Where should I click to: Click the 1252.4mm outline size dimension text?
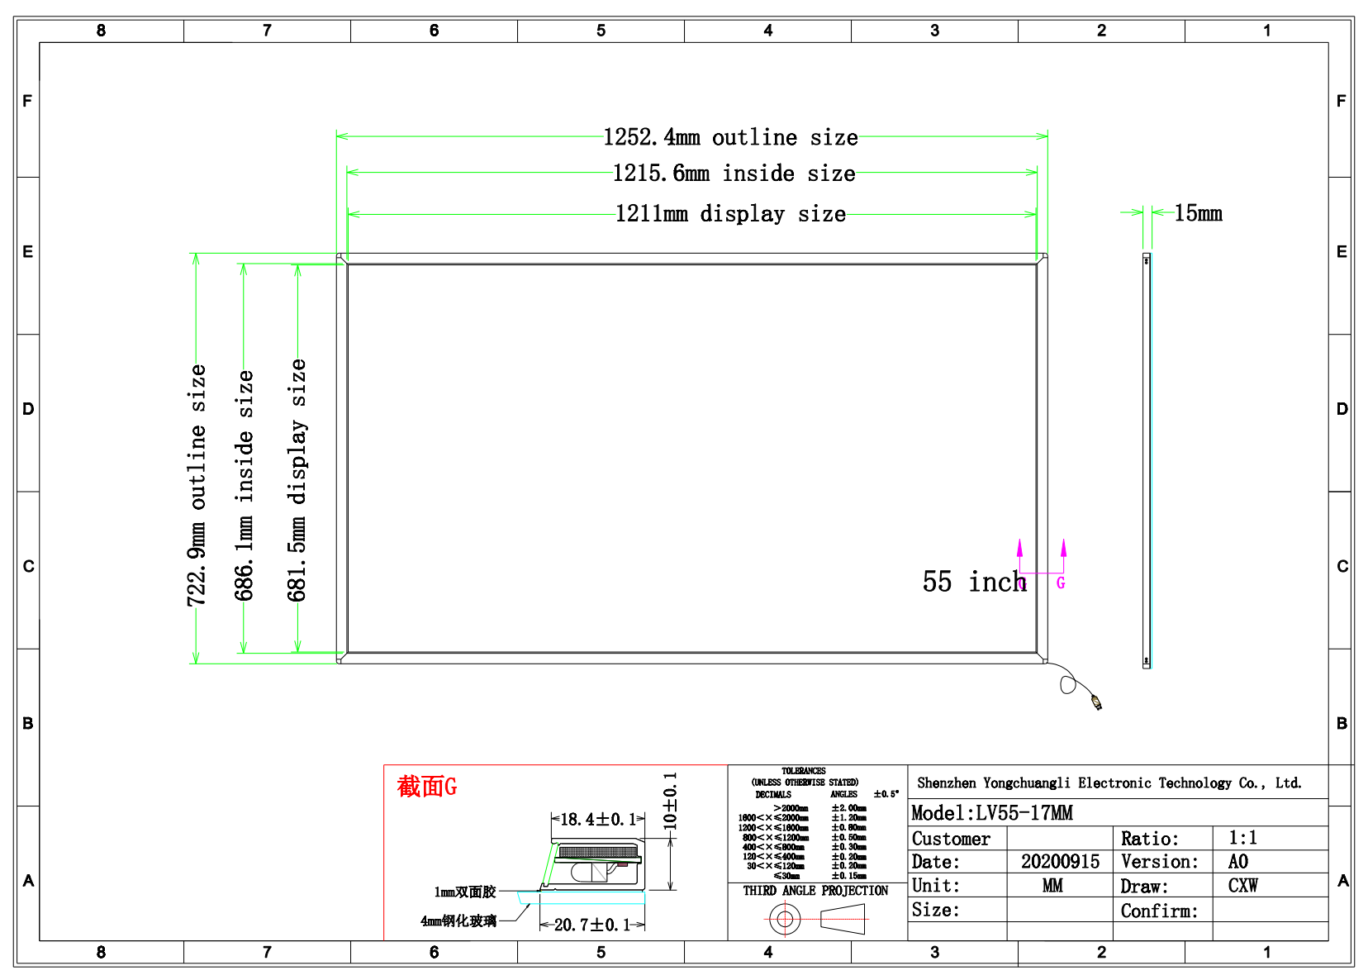pyautogui.click(x=730, y=137)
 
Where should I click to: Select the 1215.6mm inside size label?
pyautogui.click(x=734, y=174)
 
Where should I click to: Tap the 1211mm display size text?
pyautogui.click(x=730, y=214)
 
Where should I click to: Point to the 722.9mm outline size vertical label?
pyautogui.click(x=197, y=485)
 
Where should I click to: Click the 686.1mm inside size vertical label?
pyautogui.click(x=244, y=485)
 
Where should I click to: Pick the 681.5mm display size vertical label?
pyautogui.click(x=297, y=479)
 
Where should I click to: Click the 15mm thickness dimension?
pyautogui.click(x=1198, y=213)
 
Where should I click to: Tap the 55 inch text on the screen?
pyautogui.click(x=974, y=582)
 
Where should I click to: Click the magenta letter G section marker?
pyautogui.click(x=1061, y=583)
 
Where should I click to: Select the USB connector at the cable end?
pyautogui.click(x=1096, y=702)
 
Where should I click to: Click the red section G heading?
pyautogui.click(x=427, y=786)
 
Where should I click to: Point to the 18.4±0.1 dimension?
pyautogui.click(x=597, y=819)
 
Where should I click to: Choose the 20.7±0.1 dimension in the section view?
pyautogui.click(x=591, y=925)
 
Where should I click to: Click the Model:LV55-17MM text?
pyautogui.click(x=991, y=813)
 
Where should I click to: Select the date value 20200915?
pyautogui.click(x=1060, y=862)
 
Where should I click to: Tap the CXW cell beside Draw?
pyautogui.click(x=1242, y=886)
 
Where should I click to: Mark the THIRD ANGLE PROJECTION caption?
pyautogui.click(x=815, y=891)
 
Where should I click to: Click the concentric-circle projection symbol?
pyautogui.click(x=784, y=918)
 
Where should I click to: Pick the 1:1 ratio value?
pyautogui.click(x=1242, y=838)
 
